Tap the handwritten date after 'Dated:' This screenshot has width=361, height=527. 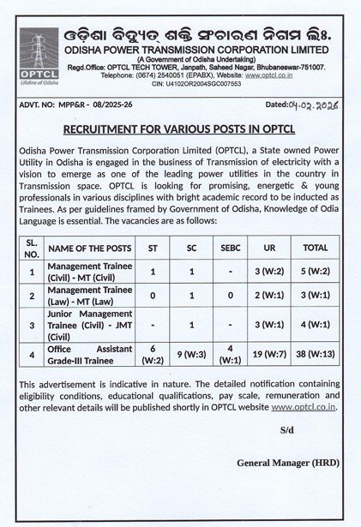[x=316, y=104]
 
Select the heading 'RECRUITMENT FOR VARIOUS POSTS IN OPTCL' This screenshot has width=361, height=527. [x=179, y=129]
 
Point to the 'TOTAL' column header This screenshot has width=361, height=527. [x=315, y=248]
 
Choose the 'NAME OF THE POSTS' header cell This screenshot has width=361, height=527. [x=89, y=248]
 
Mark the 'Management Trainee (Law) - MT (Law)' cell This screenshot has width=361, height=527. [x=89, y=296]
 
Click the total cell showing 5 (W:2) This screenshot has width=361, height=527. [x=315, y=272]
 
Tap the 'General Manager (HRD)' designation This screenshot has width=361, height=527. [x=287, y=463]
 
